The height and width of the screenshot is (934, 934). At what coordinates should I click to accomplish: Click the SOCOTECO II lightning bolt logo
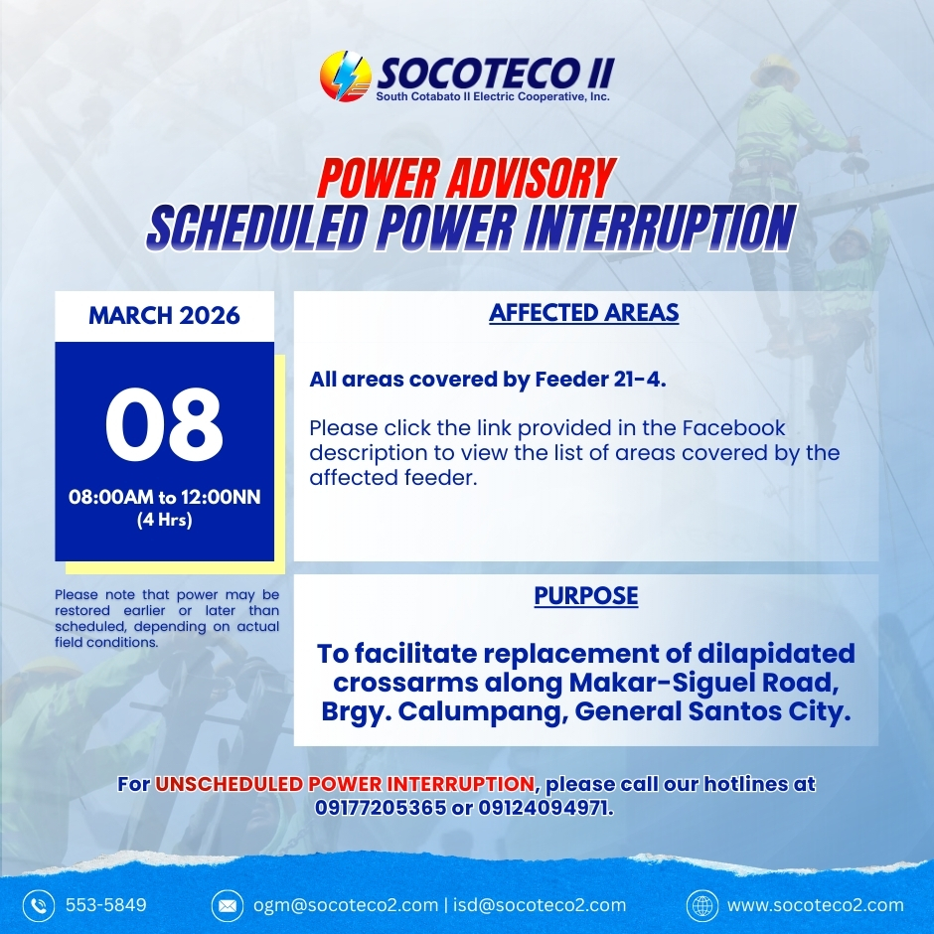tap(346, 77)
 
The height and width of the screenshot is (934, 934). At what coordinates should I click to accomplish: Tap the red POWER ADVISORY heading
tap(466, 178)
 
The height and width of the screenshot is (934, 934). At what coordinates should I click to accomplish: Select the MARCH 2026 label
tap(164, 316)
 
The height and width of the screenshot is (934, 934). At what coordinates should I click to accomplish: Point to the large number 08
tap(164, 424)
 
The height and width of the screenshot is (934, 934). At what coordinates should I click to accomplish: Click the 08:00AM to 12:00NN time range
tap(164, 497)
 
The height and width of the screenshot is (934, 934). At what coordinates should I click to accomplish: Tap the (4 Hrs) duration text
tap(164, 520)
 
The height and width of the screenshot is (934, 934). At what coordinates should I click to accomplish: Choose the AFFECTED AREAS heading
tap(584, 313)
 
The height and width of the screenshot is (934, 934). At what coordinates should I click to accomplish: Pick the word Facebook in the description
tap(734, 427)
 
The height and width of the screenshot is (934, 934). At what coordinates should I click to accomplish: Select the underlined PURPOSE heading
tap(586, 595)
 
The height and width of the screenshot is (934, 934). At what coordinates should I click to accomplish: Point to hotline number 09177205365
tap(381, 809)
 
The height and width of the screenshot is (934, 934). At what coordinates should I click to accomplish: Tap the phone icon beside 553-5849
tap(39, 906)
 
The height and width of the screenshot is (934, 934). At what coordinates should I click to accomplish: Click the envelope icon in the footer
tap(228, 906)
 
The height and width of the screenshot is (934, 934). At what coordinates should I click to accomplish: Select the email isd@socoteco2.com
tap(540, 905)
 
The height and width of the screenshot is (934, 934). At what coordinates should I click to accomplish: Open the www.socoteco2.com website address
tap(816, 905)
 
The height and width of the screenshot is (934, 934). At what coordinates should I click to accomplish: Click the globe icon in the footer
tap(702, 906)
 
